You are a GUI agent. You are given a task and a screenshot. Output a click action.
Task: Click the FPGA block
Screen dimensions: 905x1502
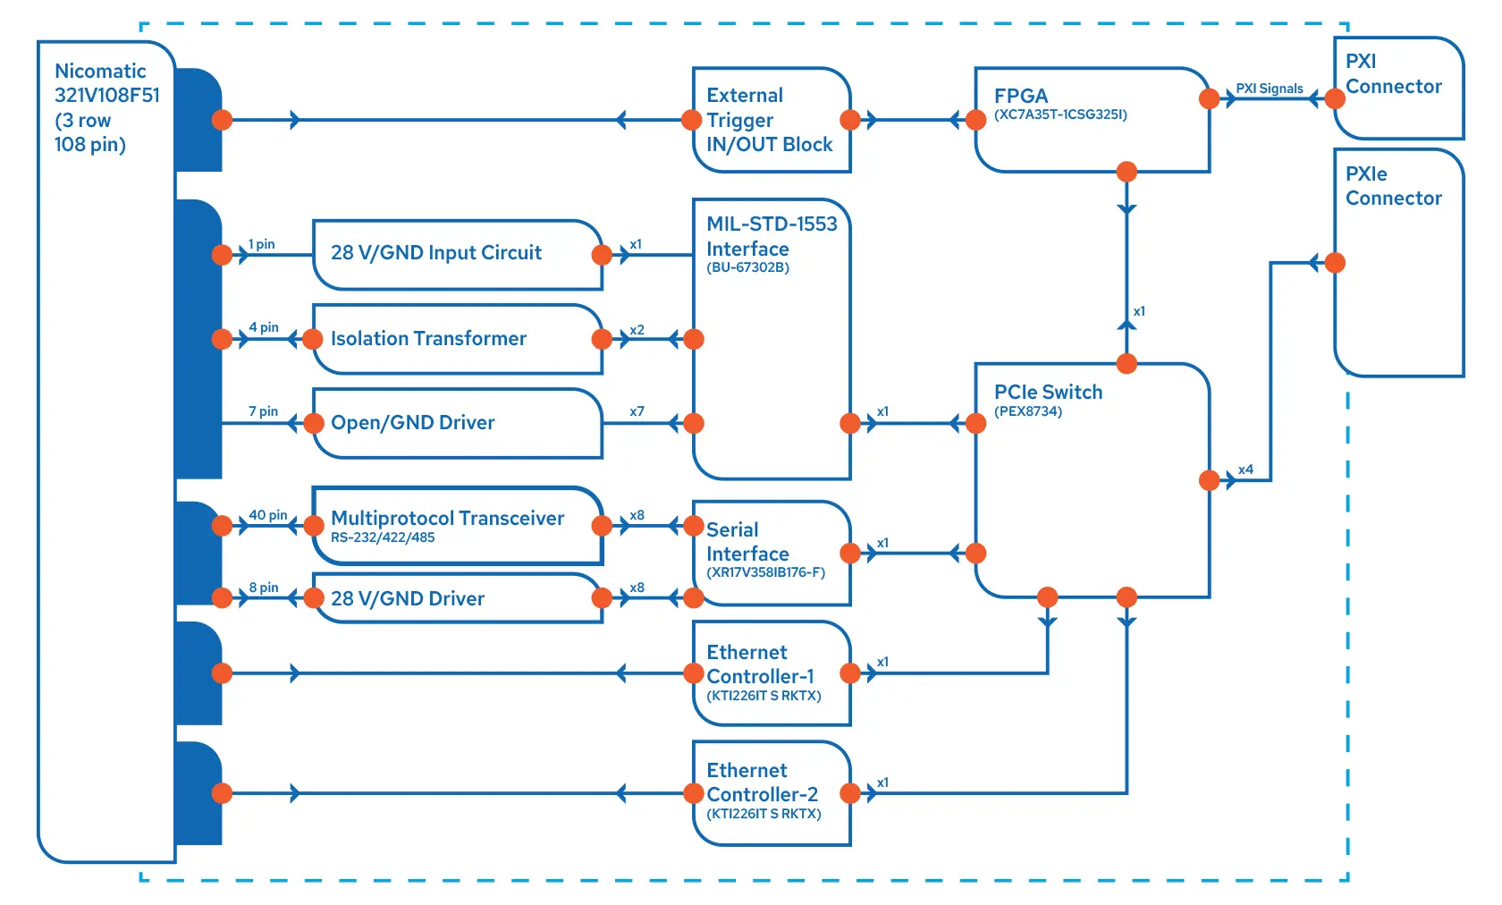click(x=1091, y=121)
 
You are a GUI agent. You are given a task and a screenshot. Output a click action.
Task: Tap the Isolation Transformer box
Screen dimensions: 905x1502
click(x=456, y=339)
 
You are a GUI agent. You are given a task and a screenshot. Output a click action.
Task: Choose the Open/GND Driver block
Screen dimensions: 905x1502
click(x=456, y=423)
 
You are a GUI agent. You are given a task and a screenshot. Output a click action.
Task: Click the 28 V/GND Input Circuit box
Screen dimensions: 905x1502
click(x=456, y=254)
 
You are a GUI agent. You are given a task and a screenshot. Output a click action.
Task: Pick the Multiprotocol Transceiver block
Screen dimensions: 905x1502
click(x=456, y=525)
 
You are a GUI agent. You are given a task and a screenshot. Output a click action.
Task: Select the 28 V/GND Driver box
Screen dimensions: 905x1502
click(x=456, y=598)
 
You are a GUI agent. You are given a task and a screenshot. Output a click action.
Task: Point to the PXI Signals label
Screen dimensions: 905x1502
click(x=1269, y=89)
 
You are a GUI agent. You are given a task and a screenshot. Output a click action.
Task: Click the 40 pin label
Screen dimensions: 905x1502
click(x=267, y=515)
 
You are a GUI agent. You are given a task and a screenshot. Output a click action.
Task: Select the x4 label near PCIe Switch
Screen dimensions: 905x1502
click(x=1245, y=469)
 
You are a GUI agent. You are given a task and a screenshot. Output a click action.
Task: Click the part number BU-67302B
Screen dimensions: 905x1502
click(x=747, y=267)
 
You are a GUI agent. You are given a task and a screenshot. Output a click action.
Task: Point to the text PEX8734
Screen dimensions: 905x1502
click(x=1028, y=411)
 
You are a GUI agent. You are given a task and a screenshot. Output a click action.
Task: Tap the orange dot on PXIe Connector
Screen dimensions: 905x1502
click(x=1335, y=263)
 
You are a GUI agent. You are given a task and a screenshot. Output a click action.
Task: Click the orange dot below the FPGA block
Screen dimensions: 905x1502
click(x=1126, y=172)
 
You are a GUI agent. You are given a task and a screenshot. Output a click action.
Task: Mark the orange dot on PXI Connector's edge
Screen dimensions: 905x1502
click(x=1335, y=98)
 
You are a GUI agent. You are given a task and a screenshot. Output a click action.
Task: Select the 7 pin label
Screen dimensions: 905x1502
click(x=263, y=411)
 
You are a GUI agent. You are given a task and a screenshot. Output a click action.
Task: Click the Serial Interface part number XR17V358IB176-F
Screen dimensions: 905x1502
click(x=765, y=572)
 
